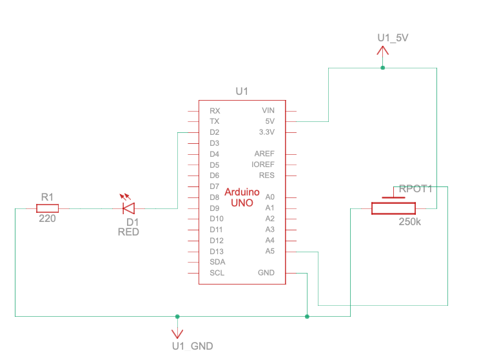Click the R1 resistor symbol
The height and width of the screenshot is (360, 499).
pos(47,208)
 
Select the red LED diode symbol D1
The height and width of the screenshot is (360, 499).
pos(129,208)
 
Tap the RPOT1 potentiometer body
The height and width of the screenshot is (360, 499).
pos(393,208)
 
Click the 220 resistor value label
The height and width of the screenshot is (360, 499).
pos(47,219)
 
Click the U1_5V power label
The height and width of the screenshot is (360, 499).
pos(393,38)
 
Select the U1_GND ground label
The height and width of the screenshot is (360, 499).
pos(192,346)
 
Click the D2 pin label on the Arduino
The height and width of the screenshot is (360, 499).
pos(215,132)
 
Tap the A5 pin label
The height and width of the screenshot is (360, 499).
pos(269,251)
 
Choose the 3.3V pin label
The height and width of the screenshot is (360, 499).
pos(266,132)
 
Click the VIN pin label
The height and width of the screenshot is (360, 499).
pos(268,111)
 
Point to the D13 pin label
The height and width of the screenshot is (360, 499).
pos(216,251)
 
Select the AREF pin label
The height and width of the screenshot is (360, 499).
pos(264,154)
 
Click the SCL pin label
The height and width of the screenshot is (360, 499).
pos(217,273)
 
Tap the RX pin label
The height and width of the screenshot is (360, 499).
pos(215,111)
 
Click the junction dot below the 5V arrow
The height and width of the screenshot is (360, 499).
pos(382,68)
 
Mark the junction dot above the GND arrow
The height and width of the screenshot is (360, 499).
pos(177,317)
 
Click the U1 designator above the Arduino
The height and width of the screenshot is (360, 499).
pos(242,92)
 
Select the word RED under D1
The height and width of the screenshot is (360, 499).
pos(128,232)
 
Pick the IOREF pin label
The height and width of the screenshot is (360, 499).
pos(263,165)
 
